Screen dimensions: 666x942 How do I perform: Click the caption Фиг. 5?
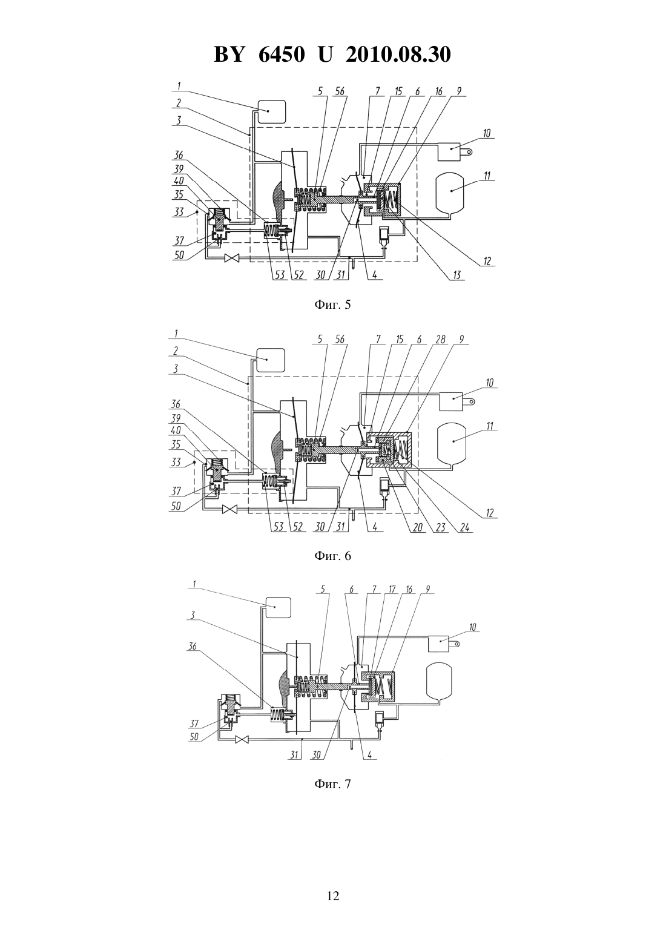[332, 305]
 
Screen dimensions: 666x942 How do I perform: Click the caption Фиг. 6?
[332, 556]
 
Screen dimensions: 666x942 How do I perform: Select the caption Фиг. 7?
[332, 784]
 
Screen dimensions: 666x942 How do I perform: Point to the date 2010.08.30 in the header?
[398, 54]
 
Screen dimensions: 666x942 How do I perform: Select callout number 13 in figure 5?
[456, 275]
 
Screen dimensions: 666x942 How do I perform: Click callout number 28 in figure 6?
[440, 340]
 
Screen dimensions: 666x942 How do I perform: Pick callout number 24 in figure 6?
[464, 527]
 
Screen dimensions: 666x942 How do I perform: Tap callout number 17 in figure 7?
[392, 589]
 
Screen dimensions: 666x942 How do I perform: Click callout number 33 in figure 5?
[179, 211]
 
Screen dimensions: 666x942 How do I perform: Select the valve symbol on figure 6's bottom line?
[229, 509]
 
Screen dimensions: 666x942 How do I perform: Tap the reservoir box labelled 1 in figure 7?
[275, 607]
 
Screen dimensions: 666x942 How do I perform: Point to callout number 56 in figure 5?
[339, 91]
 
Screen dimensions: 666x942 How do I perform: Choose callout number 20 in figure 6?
[418, 527]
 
